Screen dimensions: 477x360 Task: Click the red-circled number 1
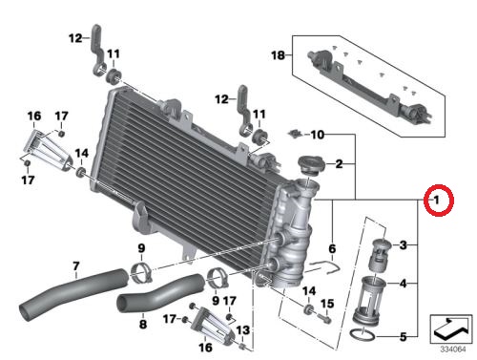click(437, 201)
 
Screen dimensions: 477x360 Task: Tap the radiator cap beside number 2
click(311, 164)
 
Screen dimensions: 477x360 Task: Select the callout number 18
click(278, 55)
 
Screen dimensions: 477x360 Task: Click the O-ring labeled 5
click(362, 335)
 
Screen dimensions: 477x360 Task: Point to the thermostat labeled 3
click(382, 255)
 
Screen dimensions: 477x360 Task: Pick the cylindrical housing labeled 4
click(369, 300)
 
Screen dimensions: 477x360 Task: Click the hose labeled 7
click(73, 292)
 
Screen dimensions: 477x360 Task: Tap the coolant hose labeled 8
click(160, 293)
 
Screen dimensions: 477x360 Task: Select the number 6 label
click(332, 249)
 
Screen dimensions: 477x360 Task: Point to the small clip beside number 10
click(295, 134)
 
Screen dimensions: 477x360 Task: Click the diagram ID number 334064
click(453, 349)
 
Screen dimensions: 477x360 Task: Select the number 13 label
click(242, 330)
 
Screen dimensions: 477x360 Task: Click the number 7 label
click(76, 265)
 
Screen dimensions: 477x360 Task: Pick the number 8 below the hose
click(143, 324)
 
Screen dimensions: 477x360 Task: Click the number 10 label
click(318, 135)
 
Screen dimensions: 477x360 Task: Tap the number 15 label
click(327, 304)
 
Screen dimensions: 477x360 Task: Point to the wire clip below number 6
click(321, 266)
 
